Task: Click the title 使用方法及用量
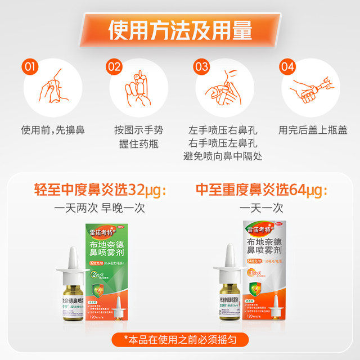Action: [180, 30]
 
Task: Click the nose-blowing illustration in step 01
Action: [52, 88]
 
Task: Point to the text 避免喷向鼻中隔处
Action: [223, 156]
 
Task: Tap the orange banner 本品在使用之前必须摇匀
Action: [180, 339]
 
